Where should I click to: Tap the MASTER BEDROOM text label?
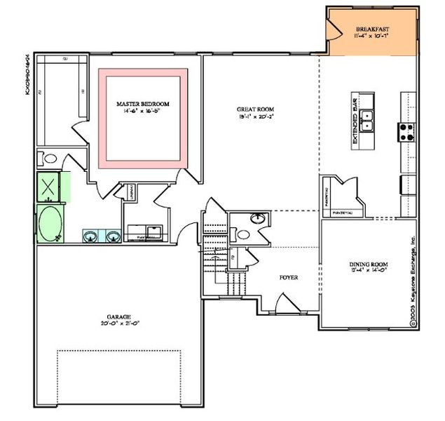[143, 104]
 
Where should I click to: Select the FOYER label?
[288, 278]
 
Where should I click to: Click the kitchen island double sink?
[367, 119]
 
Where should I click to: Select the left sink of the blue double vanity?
[90, 236]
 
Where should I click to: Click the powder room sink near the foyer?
[259, 219]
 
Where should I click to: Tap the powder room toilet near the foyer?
[241, 234]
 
